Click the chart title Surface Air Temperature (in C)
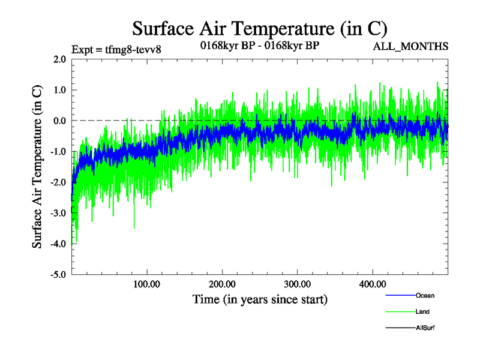pyautogui.click(x=259, y=28)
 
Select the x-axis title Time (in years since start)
pyautogui.click(x=260, y=299)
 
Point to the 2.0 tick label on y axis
pyautogui.click(x=59, y=59)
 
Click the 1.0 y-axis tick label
pyautogui.click(x=59, y=90)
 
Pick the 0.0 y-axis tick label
pyautogui.click(x=59, y=121)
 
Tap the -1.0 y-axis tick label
pyautogui.click(x=58, y=151)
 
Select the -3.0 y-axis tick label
pyautogui.click(x=58, y=213)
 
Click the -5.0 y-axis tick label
pyautogui.click(x=58, y=274)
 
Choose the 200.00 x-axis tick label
pyautogui.click(x=222, y=284)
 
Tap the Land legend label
pyautogui.click(x=422, y=312)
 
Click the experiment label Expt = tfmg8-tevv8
pyautogui.click(x=116, y=50)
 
